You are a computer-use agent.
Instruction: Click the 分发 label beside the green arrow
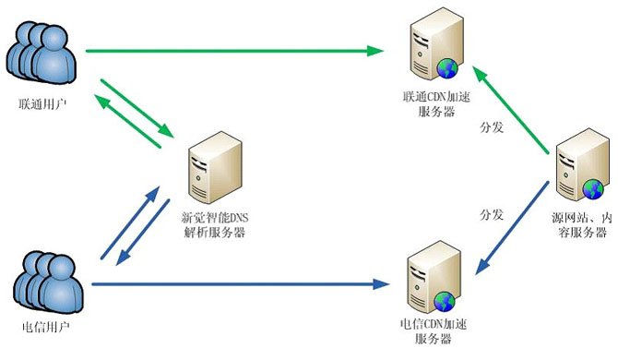coord(492,126)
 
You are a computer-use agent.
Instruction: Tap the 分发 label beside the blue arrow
coord(492,214)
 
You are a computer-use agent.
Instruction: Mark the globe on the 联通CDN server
coord(448,68)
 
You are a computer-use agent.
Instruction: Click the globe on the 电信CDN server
coord(446,301)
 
